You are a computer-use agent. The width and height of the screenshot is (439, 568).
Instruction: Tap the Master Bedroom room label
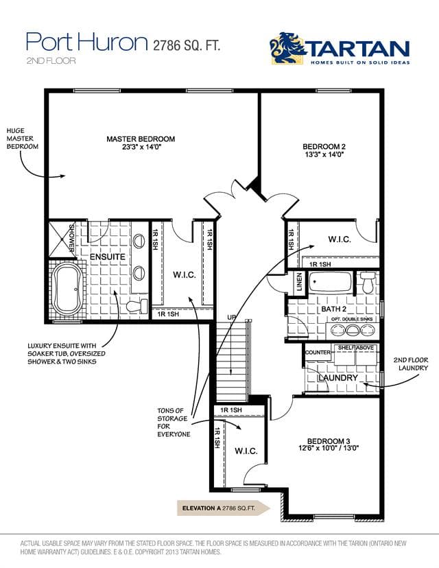(141, 139)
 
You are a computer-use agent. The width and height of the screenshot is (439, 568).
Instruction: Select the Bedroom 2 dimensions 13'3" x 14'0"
(324, 154)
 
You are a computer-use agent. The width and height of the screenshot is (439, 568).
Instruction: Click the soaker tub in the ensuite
(68, 289)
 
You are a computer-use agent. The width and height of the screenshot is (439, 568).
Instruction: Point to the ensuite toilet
(137, 306)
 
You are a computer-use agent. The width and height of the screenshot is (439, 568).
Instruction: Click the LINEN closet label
(299, 281)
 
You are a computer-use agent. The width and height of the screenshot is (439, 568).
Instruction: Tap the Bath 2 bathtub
(330, 282)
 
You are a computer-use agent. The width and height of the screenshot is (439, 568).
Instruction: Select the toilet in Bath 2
(368, 283)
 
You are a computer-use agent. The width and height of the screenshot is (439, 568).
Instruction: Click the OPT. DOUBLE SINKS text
(352, 320)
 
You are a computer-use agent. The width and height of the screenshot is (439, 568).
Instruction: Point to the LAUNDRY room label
(338, 378)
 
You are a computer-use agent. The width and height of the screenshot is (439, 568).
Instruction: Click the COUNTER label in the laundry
(318, 353)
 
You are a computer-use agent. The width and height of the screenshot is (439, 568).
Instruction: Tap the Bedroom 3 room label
(329, 441)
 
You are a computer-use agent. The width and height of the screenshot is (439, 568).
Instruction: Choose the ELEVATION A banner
(224, 508)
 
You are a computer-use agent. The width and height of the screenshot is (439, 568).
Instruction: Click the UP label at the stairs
(231, 318)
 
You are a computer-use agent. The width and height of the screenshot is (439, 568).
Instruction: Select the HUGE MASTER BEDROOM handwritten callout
(23, 139)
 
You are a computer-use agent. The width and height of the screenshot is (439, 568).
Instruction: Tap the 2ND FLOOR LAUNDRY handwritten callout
(411, 364)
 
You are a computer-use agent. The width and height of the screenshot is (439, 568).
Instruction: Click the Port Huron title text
(87, 42)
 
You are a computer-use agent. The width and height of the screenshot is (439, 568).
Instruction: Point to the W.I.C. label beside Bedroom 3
(246, 451)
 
